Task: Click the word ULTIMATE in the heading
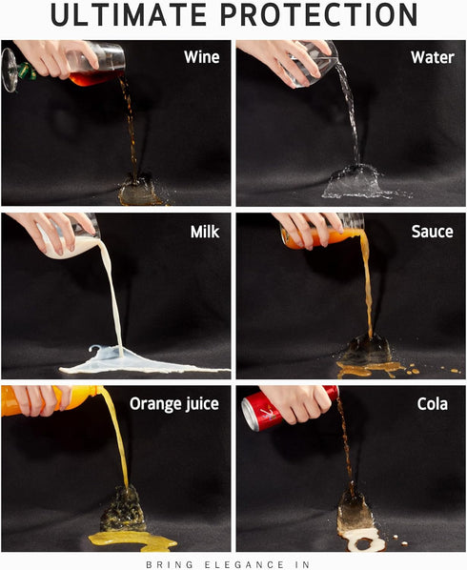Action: coord(129,14)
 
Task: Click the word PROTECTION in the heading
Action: coord(319,14)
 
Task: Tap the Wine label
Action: coord(202,57)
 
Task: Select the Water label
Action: coord(433,57)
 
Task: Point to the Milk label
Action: coord(205,232)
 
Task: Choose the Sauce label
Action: coord(432,232)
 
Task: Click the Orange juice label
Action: coord(174,404)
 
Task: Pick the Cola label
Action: coord(432,404)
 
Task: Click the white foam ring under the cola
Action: coord(362,540)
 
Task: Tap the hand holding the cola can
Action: coord(298,403)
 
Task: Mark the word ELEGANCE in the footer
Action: coord(243,564)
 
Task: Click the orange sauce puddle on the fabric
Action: coord(367,369)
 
